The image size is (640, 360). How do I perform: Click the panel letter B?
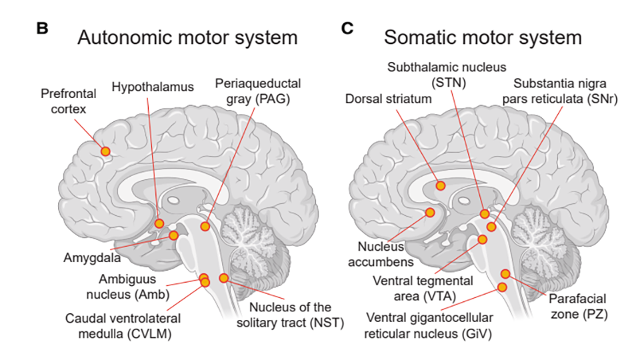tap(42, 29)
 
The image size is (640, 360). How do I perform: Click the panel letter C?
tap(347, 29)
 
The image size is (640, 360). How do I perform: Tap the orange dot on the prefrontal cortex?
tap(105, 151)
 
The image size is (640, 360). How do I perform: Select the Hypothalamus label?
tap(144, 87)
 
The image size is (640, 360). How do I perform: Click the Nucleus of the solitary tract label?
tap(291, 315)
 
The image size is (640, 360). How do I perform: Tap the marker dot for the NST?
tap(224, 277)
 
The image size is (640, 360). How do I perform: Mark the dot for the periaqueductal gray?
tap(205, 227)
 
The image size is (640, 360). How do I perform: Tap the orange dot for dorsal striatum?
tap(439, 185)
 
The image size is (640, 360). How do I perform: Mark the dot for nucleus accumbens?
tap(430, 212)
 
